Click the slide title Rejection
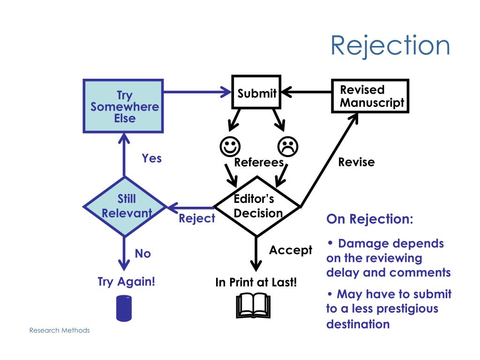click(x=390, y=46)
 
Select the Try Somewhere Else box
click(x=123, y=106)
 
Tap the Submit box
click(x=256, y=92)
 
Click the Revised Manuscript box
click(x=370, y=96)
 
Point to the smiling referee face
click(x=230, y=147)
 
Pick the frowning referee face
click(x=288, y=147)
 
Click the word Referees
click(x=259, y=162)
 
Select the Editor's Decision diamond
click(x=257, y=207)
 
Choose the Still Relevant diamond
click(x=125, y=207)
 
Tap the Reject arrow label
click(x=197, y=218)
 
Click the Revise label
click(x=356, y=162)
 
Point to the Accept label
click(x=291, y=250)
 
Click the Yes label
click(x=152, y=158)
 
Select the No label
click(x=142, y=254)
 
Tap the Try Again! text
click(x=126, y=282)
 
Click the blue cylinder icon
click(x=124, y=308)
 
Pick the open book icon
click(x=254, y=306)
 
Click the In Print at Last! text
click(x=256, y=282)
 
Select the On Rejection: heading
click(x=370, y=219)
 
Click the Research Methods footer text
click(x=60, y=330)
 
